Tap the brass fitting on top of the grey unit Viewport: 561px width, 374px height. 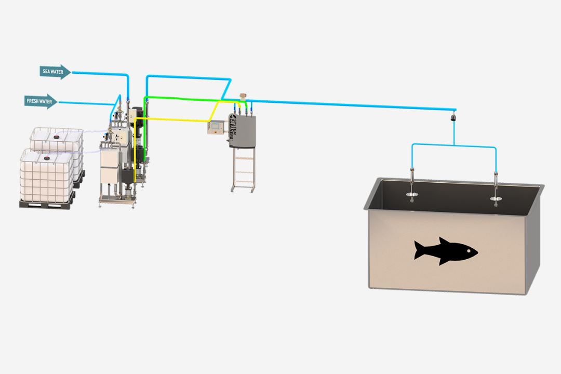coord(242,97)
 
